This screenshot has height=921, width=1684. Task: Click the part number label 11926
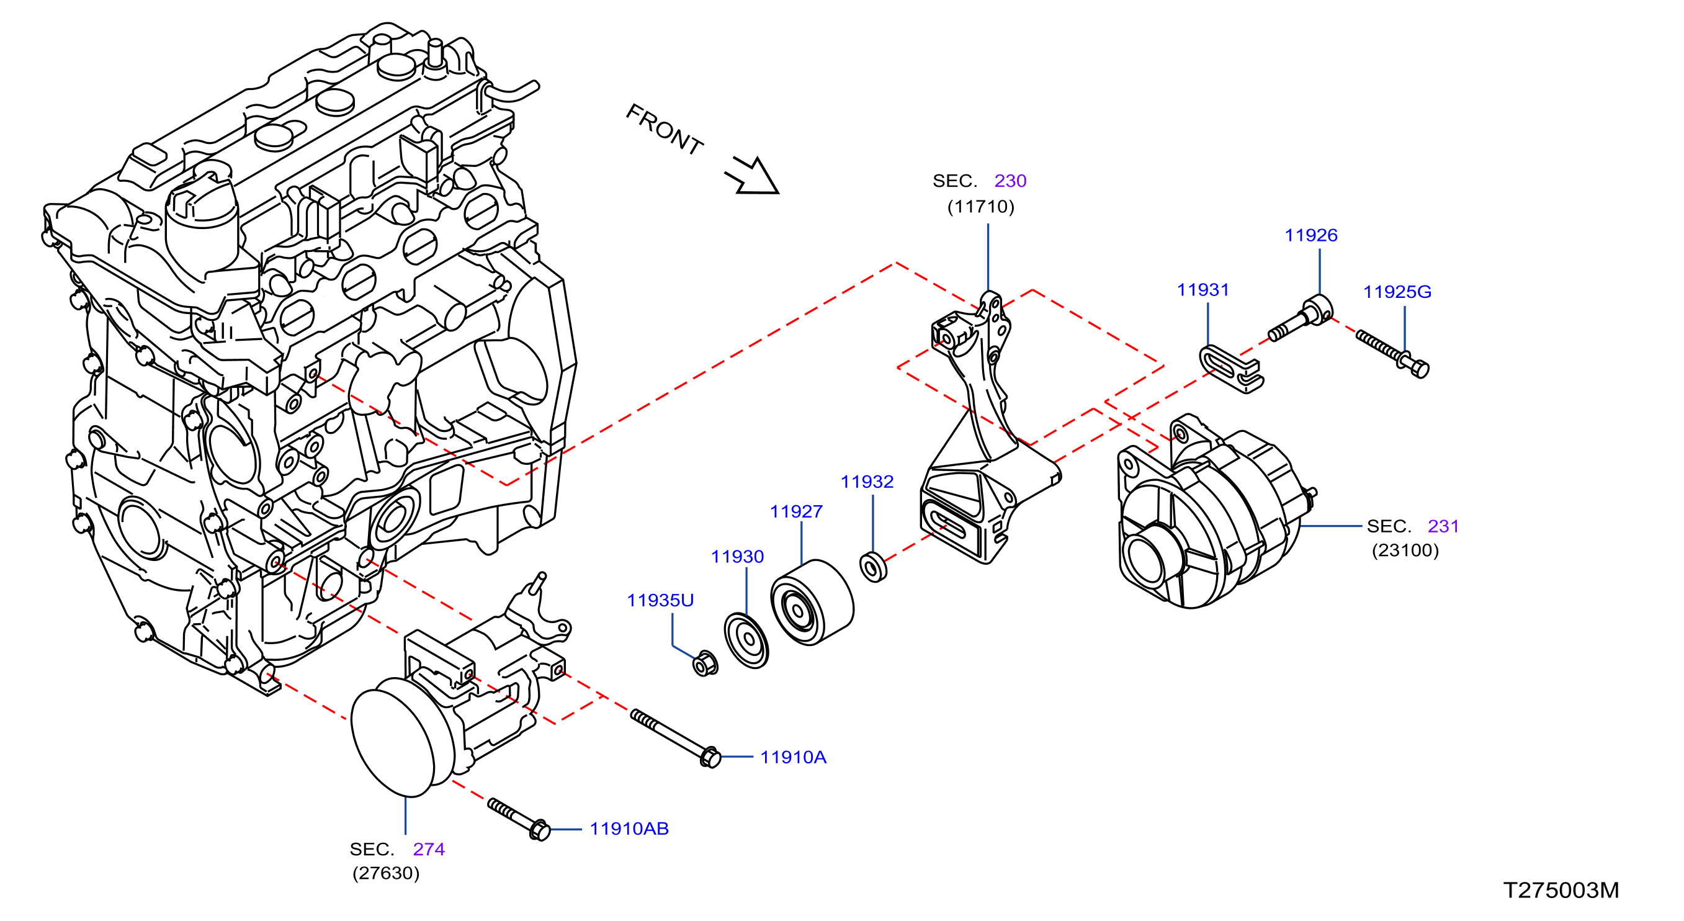coord(1310,235)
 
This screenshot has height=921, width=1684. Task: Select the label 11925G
coord(1397,292)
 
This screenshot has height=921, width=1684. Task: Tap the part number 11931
coord(1203,290)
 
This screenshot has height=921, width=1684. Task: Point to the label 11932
coord(867,482)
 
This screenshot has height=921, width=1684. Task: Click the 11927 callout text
coord(796,511)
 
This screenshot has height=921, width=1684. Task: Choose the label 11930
coord(737,556)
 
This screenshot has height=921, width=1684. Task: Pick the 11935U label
coord(660,600)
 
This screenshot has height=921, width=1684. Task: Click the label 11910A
coord(794,757)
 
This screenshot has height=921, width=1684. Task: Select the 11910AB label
coord(630,829)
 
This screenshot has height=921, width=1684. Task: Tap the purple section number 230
coord(1011,181)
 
